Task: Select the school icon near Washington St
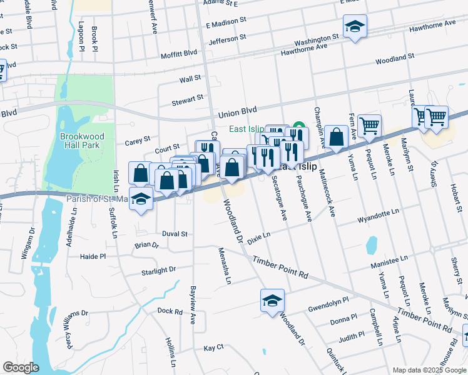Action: pyautogui.click(x=355, y=26)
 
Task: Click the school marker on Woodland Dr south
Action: pyautogui.click(x=272, y=301)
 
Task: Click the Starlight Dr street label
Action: pyautogui.click(x=159, y=271)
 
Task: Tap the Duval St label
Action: pyautogui.click(x=175, y=234)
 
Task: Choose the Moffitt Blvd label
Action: pyautogui.click(x=178, y=54)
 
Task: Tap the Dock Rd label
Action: pyautogui.click(x=170, y=311)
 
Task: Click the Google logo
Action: pyautogui.click(x=21, y=367)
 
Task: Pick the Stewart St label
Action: pyautogui.click(x=188, y=99)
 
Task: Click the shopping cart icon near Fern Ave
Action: pyautogui.click(x=369, y=125)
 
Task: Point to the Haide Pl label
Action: pyautogui.click(x=93, y=256)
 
